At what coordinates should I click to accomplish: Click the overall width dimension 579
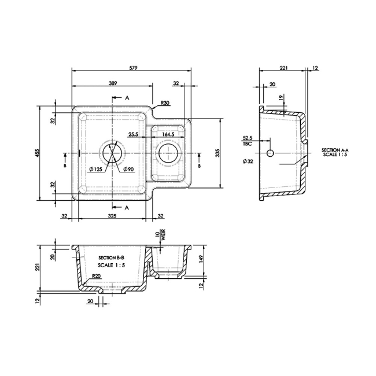[x=133, y=68]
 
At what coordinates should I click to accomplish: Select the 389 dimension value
[x=113, y=84]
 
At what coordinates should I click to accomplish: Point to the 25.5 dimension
[x=133, y=134]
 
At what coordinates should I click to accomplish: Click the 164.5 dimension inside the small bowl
[x=168, y=134]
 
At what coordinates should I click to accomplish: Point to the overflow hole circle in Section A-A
[x=269, y=153]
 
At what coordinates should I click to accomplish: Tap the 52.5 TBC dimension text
[x=248, y=141]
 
